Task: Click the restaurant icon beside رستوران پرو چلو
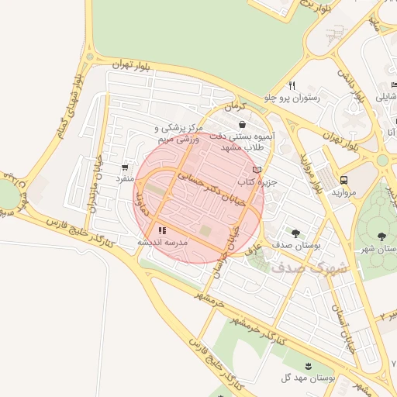pos(292,85)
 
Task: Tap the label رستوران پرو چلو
pos(292,98)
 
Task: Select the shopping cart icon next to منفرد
pos(125,167)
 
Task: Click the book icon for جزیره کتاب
pos(257,170)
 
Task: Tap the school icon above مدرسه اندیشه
pos(162,230)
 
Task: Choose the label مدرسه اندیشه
pos(164,242)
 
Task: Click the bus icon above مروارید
pos(343,180)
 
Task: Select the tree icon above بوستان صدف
pos(295,232)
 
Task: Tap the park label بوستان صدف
pos(297,244)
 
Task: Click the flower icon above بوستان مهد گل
pos(309,365)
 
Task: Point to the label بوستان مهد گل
pos(309,378)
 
